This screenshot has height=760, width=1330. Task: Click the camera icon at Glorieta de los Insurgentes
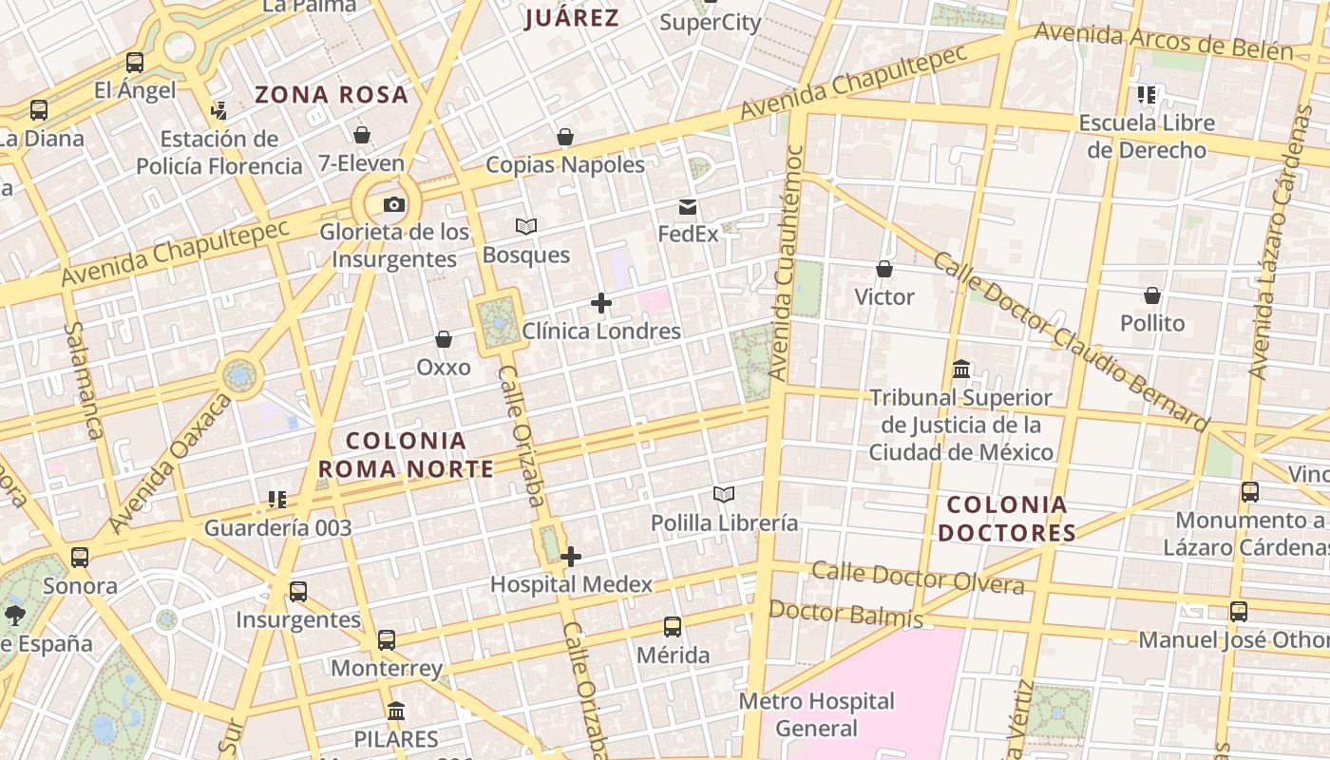click(x=393, y=204)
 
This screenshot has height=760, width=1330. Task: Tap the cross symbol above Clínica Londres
click(x=600, y=303)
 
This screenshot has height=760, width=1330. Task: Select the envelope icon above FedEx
click(x=688, y=207)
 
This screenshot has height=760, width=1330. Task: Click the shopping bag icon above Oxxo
click(x=444, y=339)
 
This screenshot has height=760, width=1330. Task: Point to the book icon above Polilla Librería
click(x=724, y=494)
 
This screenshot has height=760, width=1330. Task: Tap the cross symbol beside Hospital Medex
click(x=570, y=557)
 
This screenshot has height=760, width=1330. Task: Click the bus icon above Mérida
click(x=673, y=627)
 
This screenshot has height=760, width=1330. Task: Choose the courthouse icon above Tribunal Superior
click(x=961, y=369)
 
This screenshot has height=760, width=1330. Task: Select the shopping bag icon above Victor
click(x=884, y=269)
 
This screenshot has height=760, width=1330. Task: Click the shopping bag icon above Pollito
click(x=1152, y=295)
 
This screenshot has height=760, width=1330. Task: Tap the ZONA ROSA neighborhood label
click(x=332, y=94)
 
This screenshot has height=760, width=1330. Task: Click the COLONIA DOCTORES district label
click(x=1007, y=519)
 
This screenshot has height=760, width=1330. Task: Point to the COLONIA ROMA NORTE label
click(x=406, y=455)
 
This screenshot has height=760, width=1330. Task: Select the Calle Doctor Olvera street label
click(x=918, y=577)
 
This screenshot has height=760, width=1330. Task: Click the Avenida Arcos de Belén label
click(x=1163, y=42)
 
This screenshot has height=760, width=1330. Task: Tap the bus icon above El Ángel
click(x=135, y=63)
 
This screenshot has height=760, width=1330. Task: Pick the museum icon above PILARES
click(x=396, y=711)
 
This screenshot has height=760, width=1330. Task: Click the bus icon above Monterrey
click(x=386, y=639)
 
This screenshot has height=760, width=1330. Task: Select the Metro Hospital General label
click(x=817, y=714)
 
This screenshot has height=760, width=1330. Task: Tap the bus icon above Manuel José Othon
click(x=1239, y=612)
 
